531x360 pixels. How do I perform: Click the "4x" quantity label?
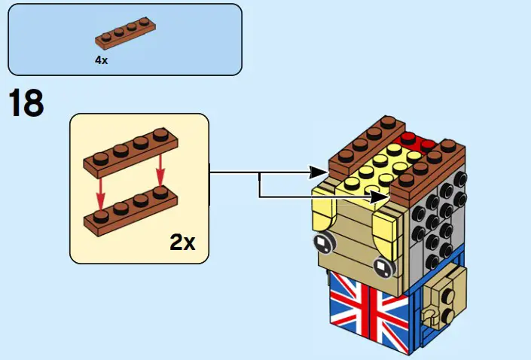(x=102, y=60)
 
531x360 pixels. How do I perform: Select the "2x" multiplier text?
(x=182, y=242)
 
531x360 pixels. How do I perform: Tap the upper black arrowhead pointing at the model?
(x=322, y=172)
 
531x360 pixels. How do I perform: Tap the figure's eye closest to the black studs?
(x=383, y=266)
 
